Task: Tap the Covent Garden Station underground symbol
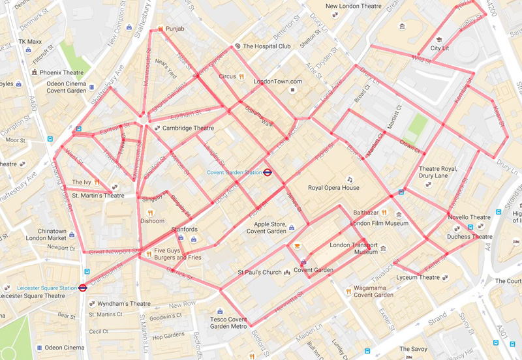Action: [x=268, y=173]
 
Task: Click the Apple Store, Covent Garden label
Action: [x=266, y=227]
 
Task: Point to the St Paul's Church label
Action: [x=259, y=273]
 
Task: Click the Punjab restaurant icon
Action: [x=160, y=29]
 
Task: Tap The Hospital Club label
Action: [x=266, y=46]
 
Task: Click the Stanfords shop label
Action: [x=184, y=230]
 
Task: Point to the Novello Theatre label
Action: [x=468, y=217]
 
